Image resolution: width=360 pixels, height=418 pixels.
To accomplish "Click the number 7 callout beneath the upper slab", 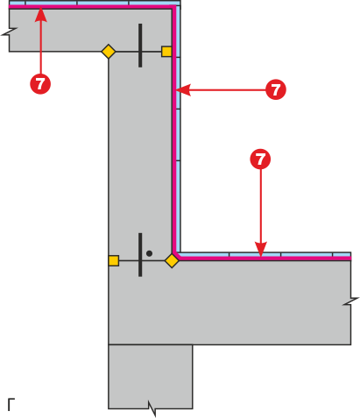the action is click(x=40, y=84).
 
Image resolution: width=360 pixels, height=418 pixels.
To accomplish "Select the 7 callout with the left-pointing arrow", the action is click(x=276, y=89).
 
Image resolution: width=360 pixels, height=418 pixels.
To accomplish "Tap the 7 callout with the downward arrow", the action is click(x=260, y=159).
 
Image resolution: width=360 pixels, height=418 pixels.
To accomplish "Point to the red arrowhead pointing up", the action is click(x=40, y=15).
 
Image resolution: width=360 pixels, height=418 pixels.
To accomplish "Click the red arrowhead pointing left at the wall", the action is click(x=183, y=89).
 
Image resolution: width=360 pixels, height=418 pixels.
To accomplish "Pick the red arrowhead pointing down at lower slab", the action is click(x=261, y=249).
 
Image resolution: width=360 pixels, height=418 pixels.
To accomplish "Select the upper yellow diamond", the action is click(x=109, y=52).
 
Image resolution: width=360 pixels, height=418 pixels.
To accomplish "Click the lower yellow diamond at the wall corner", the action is click(x=172, y=260).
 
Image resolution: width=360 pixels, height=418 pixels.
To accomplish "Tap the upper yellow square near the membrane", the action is click(x=166, y=52).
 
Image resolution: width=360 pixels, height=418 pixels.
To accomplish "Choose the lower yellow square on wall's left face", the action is click(x=114, y=260).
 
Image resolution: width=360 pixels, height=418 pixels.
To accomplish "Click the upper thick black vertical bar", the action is click(x=140, y=46).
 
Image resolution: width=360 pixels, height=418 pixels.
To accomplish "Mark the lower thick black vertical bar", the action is click(x=140, y=255).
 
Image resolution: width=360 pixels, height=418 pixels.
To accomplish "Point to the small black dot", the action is click(x=149, y=253).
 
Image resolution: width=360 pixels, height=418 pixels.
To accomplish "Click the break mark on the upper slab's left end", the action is click(x=10, y=32).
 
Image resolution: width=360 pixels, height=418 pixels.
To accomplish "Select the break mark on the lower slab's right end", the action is click(x=351, y=301).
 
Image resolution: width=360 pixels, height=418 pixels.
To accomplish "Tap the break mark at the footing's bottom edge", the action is click(x=152, y=408).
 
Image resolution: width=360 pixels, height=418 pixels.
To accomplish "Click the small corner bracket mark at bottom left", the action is click(x=11, y=404).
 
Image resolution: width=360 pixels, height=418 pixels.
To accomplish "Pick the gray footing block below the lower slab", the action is click(x=151, y=377).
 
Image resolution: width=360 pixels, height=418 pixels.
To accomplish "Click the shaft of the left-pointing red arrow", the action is click(x=228, y=89).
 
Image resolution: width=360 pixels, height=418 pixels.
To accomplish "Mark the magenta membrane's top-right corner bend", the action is click(x=173, y=7).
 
